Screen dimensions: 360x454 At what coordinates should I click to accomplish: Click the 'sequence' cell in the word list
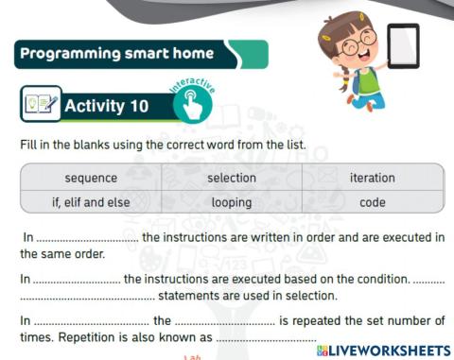[x=91, y=178]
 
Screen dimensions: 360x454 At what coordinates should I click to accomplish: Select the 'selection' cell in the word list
[x=232, y=178]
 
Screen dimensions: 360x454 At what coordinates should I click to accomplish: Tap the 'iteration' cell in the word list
[x=373, y=178]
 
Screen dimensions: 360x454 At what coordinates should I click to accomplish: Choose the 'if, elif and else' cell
[x=91, y=201]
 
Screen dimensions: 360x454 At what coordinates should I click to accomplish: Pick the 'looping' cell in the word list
[x=232, y=201]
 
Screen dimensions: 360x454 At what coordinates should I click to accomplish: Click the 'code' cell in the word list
[x=373, y=201]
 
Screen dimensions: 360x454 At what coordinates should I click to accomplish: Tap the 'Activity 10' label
[x=106, y=106]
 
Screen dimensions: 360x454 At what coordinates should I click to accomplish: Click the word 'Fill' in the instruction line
[x=27, y=146]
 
